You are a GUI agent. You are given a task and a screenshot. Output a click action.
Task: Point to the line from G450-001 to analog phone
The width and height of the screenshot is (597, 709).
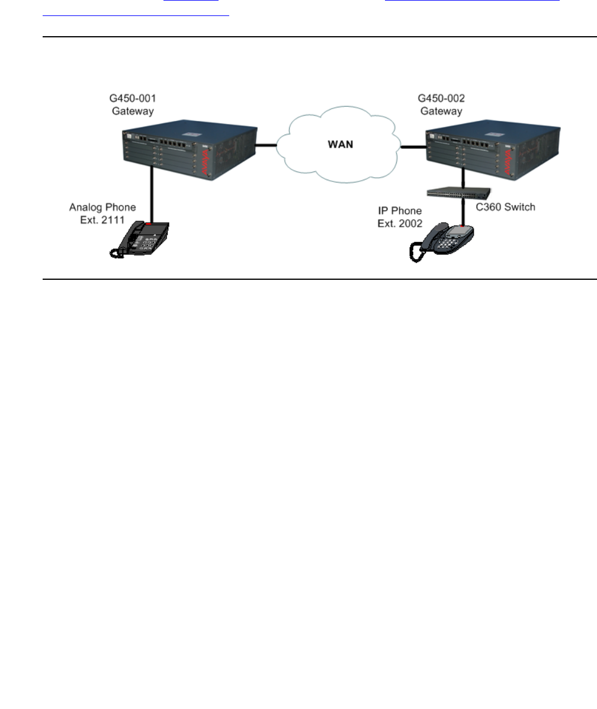[153, 196]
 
